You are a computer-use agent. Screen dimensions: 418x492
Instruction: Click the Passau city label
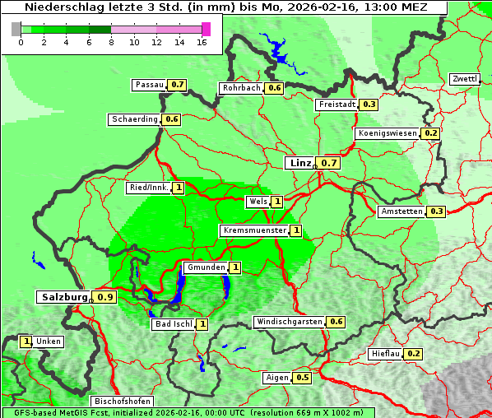150,85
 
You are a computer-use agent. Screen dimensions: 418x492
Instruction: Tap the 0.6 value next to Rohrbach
275,88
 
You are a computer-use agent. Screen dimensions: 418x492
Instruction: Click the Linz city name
299,163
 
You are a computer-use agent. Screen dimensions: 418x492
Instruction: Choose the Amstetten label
401,211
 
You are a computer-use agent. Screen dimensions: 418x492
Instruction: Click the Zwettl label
464,79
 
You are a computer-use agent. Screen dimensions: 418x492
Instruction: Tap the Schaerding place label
135,119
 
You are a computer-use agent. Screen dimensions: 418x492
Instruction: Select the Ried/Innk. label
149,188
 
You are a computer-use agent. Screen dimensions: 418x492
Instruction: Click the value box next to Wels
277,202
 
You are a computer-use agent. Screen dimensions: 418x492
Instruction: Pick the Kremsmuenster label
254,230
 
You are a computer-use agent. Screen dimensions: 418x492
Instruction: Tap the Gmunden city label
205,267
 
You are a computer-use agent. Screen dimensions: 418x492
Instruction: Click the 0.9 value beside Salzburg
104,297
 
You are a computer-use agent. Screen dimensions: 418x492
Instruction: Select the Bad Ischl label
174,324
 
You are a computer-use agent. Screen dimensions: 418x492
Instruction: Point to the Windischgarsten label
289,322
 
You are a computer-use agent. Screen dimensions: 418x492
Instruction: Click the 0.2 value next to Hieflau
414,354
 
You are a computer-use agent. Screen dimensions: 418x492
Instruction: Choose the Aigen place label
277,378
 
